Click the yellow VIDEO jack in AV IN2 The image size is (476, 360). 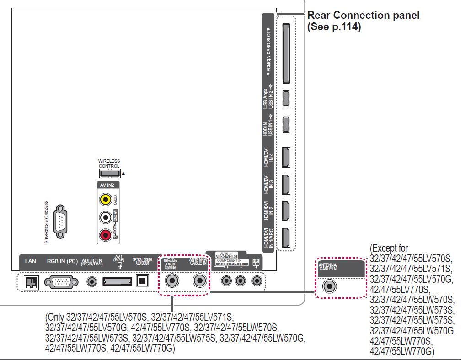[106, 199]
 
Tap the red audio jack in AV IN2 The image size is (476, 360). [106, 235]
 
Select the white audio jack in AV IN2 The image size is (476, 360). [106, 217]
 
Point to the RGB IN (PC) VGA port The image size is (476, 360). [62, 281]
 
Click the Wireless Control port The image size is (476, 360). [110, 174]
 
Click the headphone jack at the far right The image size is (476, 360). [257, 280]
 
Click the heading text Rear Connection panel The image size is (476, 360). [363, 16]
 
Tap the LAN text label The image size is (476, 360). [31, 261]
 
